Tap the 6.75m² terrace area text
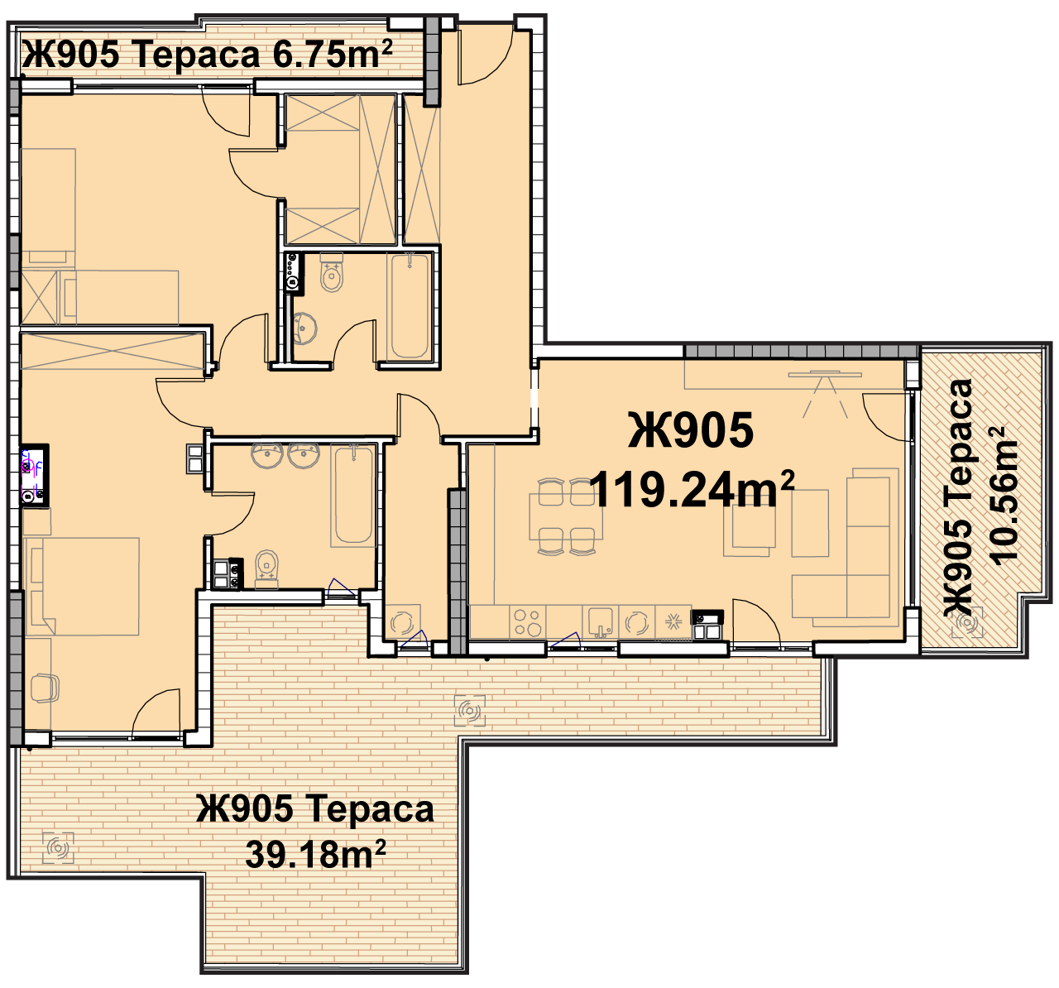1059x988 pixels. pos(333,55)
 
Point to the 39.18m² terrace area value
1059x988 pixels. pos(315,854)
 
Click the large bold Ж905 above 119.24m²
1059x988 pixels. pos(691,430)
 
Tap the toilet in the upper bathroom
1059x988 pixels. pos(332,272)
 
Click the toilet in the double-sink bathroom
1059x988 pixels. pos(266,570)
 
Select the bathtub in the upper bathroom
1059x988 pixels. pos(410,306)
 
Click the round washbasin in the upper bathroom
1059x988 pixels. pos(304,327)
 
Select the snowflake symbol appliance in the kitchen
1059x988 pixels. pos(673,622)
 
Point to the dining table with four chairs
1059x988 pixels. pos(566,517)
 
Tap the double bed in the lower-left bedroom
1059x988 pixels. pos(82,587)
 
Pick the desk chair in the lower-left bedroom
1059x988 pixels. pos(44,688)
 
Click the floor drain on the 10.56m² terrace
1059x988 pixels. pos(967,622)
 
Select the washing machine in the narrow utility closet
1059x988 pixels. pos(403,622)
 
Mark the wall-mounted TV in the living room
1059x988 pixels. pos(825,375)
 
